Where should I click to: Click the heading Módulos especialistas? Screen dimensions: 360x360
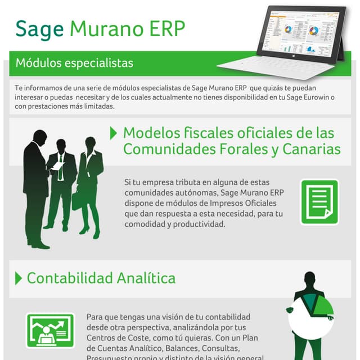click(x=74, y=62)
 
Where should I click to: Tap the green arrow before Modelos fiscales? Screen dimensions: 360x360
click(x=114, y=133)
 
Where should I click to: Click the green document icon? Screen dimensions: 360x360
click(x=319, y=202)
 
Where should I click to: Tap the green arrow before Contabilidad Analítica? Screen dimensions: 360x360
click(x=18, y=278)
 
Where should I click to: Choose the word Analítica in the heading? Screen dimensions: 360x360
click(x=146, y=278)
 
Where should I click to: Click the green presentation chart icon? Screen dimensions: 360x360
click(x=50, y=330)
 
